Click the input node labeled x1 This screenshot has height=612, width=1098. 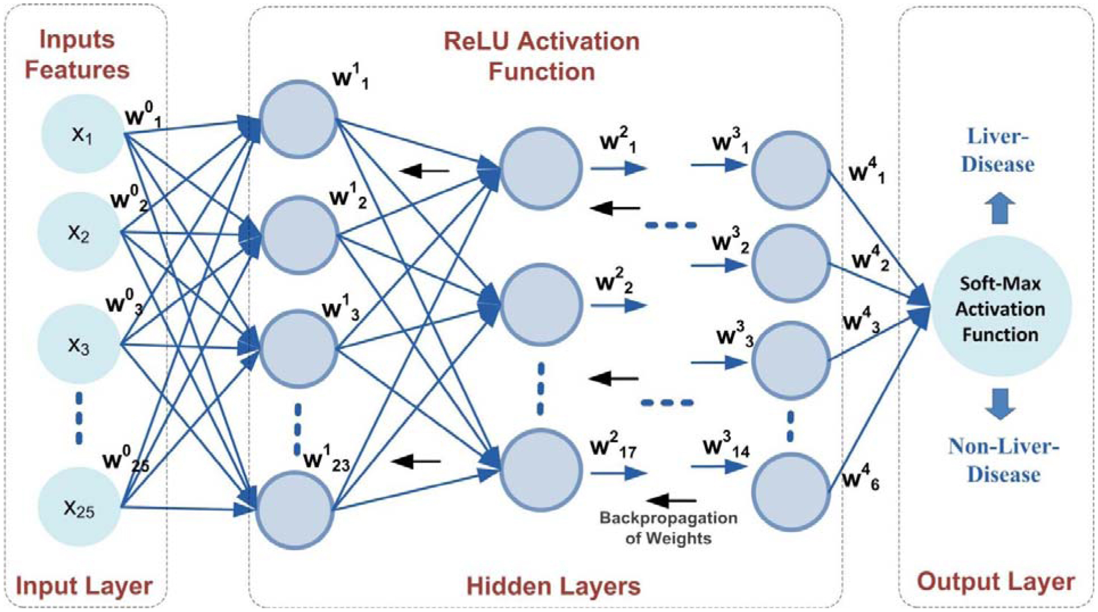pos(82,134)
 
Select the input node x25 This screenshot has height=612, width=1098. pos(79,507)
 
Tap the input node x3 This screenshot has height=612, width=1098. pos(79,344)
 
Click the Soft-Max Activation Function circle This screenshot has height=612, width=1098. pos(1000,308)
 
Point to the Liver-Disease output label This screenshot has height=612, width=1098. pos(997,150)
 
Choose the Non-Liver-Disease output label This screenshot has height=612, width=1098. pos(1004,460)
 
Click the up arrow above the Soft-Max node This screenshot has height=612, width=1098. pos(1000,208)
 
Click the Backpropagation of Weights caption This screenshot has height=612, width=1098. pos(668,528)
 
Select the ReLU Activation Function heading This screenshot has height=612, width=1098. pos(542,56)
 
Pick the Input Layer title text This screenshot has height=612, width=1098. pos(84,586)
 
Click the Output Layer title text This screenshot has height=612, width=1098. pos(996,582)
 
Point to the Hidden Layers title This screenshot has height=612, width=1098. pos(554,586)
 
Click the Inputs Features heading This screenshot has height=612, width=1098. pos(77,55)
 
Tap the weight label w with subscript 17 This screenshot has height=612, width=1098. pos(613,448)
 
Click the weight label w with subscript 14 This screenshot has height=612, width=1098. pos(726,448)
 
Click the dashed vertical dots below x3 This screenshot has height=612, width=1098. pos(79,418)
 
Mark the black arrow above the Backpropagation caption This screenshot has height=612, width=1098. pos(672,501)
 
